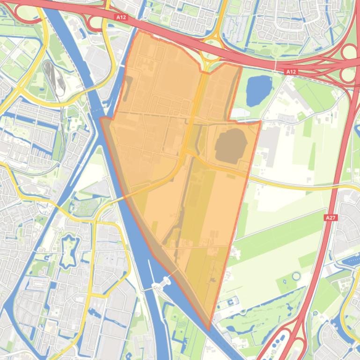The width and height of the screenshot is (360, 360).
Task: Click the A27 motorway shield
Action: click(x=331, y=217)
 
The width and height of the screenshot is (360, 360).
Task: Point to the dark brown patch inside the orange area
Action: click(x=231, y=146)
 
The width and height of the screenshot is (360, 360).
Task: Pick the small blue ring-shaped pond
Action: click(x=296, y=275)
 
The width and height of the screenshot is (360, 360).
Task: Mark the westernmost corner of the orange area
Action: click(x=100, y=118)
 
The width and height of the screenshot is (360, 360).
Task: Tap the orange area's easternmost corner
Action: click(x=260, y=122)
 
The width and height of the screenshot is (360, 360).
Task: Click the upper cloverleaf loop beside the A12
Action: click(x=349, y=51)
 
